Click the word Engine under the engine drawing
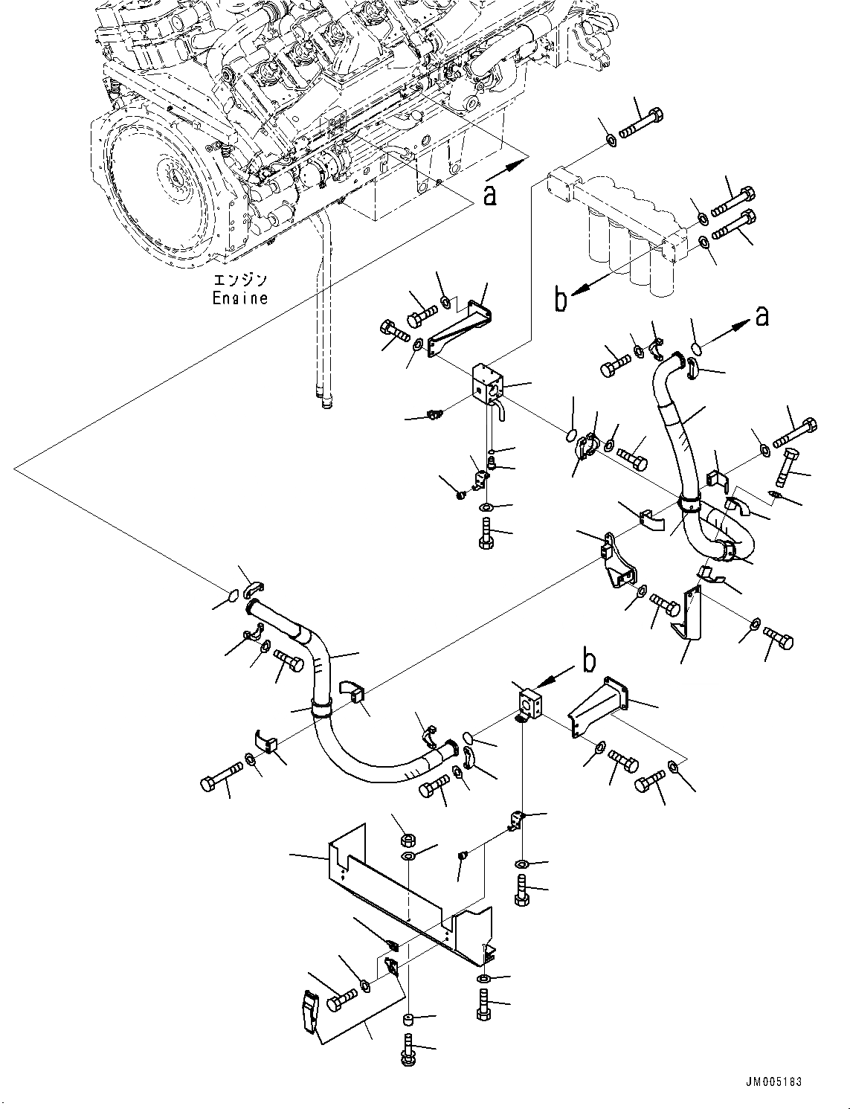coord(239,298)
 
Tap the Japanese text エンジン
coord(239,280)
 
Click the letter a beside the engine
coord(489,195)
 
